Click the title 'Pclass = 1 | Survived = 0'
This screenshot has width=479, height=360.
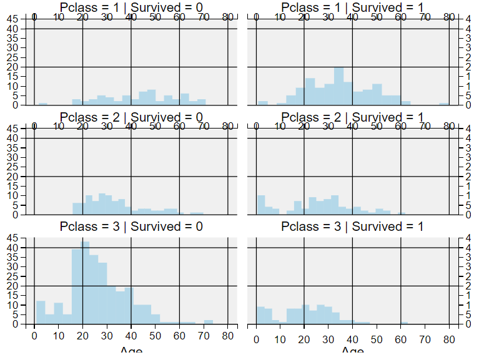click(131, 7)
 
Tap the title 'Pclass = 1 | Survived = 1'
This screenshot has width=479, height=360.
click(352, 7)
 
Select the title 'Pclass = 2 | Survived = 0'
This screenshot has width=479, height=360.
click(131, 117)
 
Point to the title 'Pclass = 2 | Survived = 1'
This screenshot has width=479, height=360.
click(352, 117)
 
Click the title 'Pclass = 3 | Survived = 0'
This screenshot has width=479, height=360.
click(131, 226)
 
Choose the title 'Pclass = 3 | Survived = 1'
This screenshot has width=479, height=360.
click(352, 226)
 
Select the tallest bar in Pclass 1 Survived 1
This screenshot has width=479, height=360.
click(338, 85)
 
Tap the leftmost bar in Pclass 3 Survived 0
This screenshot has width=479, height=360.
click(41, 313)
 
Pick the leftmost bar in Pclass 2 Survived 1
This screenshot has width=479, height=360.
click(260, 205)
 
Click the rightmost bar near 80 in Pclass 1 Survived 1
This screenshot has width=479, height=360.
click(444, 104)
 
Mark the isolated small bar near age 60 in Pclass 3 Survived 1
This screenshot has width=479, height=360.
click(404, 323)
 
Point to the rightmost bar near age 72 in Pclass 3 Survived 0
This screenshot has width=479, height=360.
click(209, 322)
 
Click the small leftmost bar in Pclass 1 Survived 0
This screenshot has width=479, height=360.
click(43, 104)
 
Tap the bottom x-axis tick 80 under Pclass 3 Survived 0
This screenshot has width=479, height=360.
click(228, 338)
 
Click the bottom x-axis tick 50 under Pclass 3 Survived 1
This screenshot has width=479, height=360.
click(377, 338)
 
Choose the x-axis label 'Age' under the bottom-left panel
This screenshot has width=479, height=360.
click(131, 353)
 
